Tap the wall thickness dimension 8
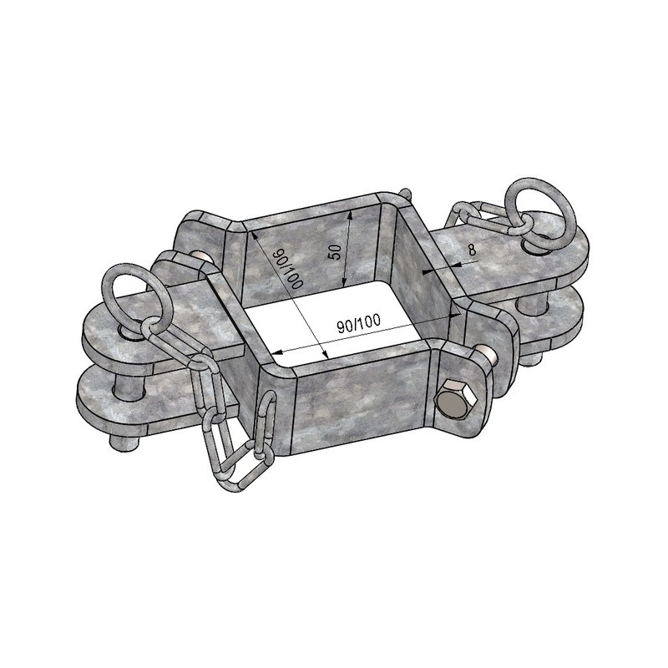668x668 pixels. click(x=472, y=249)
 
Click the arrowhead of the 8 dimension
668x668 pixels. click(x=428, y=271)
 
